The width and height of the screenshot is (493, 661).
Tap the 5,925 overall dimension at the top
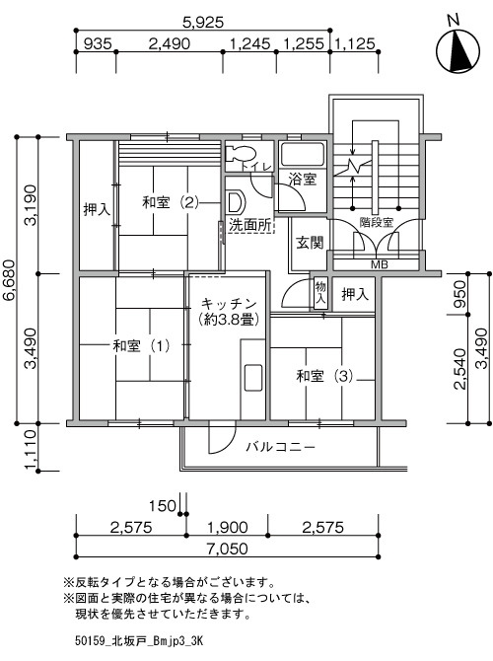(203, 22)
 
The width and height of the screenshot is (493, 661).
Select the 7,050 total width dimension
(227, 549)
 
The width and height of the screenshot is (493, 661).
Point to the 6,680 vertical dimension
(9, 279)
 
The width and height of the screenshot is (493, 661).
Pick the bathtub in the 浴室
(303, 155)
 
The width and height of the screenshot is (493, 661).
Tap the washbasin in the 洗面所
(236, 202)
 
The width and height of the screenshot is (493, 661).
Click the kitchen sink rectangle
(252, 377)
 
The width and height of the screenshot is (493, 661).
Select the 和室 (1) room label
(142, 346)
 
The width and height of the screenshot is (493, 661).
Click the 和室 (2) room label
(171, 202)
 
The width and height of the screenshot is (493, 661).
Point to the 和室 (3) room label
(324, 376)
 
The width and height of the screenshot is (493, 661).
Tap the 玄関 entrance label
(310, 243)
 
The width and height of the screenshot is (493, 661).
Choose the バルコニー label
(281, 447)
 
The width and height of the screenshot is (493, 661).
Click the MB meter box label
(380, 264)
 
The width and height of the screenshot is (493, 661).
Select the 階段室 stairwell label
(377, 222)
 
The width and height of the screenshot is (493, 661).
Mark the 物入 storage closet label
(320, 293)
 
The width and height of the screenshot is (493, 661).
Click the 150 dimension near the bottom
(163, 505)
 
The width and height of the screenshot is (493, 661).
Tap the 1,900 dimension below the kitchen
(227, 527)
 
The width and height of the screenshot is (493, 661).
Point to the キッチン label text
(229, 303)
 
